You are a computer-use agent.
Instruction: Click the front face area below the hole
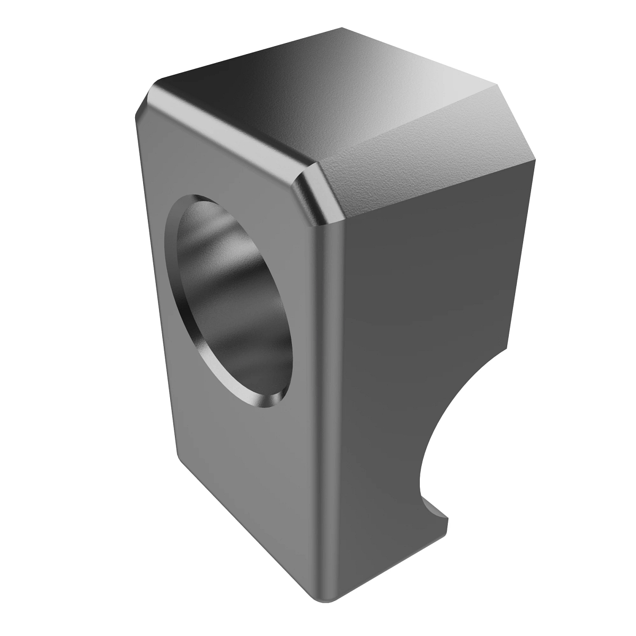tap(249, 477)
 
